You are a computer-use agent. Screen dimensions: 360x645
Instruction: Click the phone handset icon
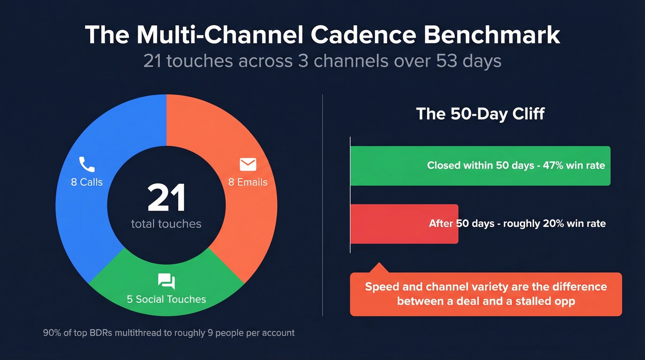click(x=86, y=164)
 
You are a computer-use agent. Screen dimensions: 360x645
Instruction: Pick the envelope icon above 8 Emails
click(x=247, y=164)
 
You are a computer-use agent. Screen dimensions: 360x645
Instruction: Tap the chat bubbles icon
click(x=166, y=281)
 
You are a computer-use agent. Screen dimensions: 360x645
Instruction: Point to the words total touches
click(x=166, y=224)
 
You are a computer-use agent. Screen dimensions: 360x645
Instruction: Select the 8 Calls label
click(x=87, y=182)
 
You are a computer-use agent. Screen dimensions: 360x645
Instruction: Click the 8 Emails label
click(x=248, y=182)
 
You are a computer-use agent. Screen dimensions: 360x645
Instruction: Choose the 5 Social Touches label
click(x=166, y=299)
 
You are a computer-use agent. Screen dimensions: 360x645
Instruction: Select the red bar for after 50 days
click(x=392, y=224)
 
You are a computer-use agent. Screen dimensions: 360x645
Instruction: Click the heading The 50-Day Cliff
click(x=480, y=113)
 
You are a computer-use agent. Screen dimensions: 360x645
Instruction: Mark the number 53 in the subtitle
click(x=448, y=61)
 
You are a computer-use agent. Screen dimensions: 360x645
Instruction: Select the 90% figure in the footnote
click(x=52, y=332)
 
